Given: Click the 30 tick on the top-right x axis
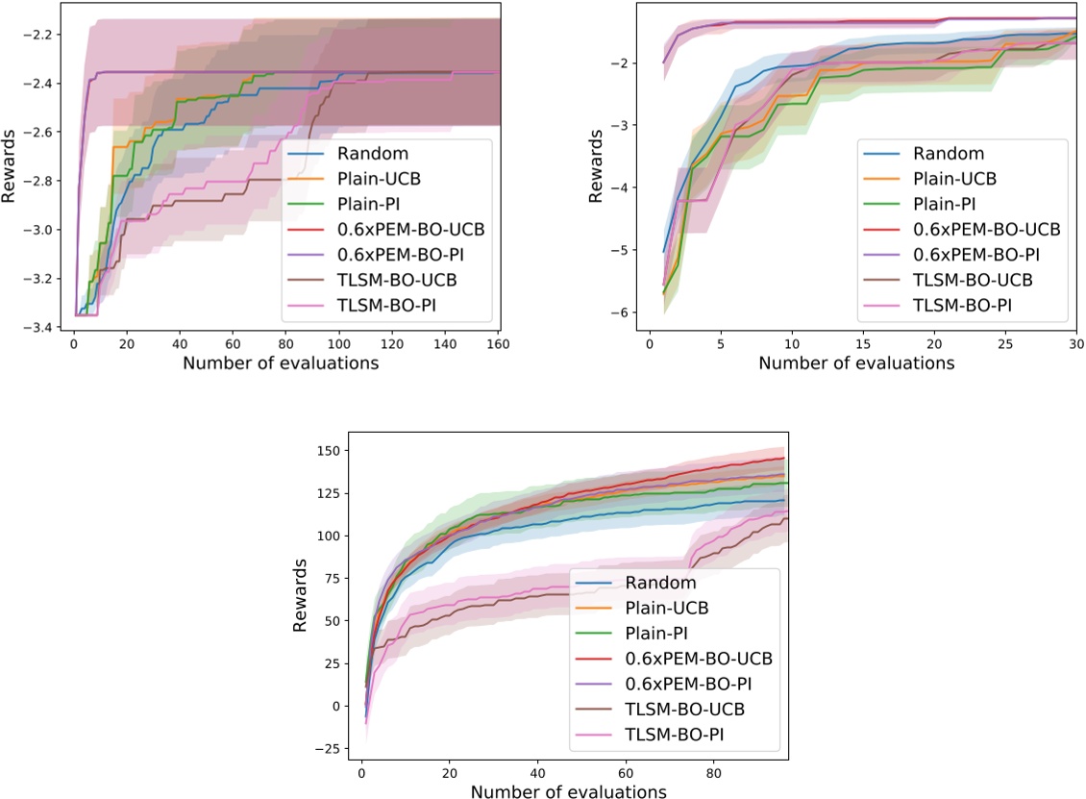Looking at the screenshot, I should point(1075,343).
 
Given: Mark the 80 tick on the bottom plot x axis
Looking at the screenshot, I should point(714,772).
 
